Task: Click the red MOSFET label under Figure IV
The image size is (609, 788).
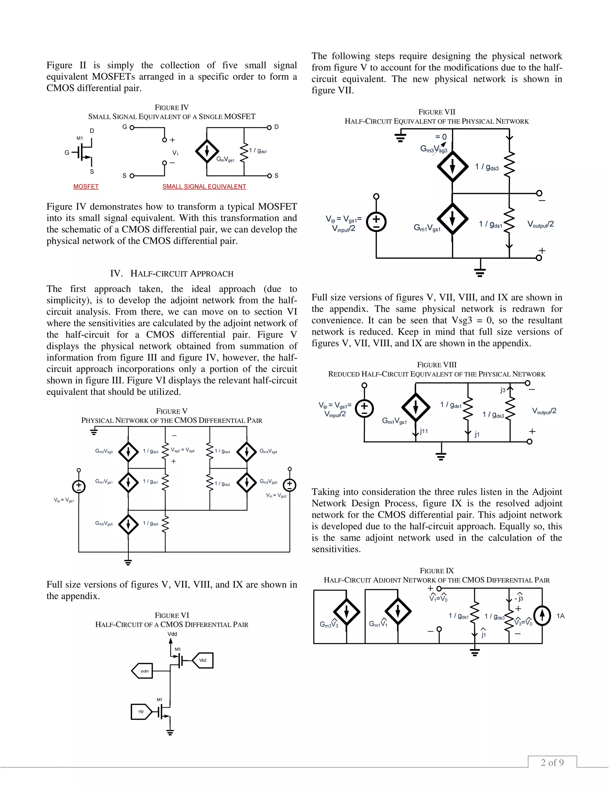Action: (x=86, y=186)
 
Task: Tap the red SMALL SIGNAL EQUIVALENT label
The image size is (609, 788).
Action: (x=204, y=186)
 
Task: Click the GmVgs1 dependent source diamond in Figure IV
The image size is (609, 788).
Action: (x=207, y=151)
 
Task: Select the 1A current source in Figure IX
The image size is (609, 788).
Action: (x=542, y=616)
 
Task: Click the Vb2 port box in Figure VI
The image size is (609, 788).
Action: (x=203, y=660)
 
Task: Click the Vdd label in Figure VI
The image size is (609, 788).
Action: (x=172, y=634)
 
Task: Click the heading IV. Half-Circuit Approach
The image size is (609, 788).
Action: (x=172, y=274)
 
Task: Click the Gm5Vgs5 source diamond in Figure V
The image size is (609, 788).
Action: (x=128, y=524)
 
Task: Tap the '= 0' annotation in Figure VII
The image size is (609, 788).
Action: (x=441, y=137)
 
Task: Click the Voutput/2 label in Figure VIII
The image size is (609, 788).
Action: (x=544, y=411)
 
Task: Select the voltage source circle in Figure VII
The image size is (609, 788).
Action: (x=376, y=222)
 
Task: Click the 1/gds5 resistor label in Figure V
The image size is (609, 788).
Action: (x=150, y=523)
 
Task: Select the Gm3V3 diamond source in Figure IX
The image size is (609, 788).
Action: (x=346, y=612)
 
